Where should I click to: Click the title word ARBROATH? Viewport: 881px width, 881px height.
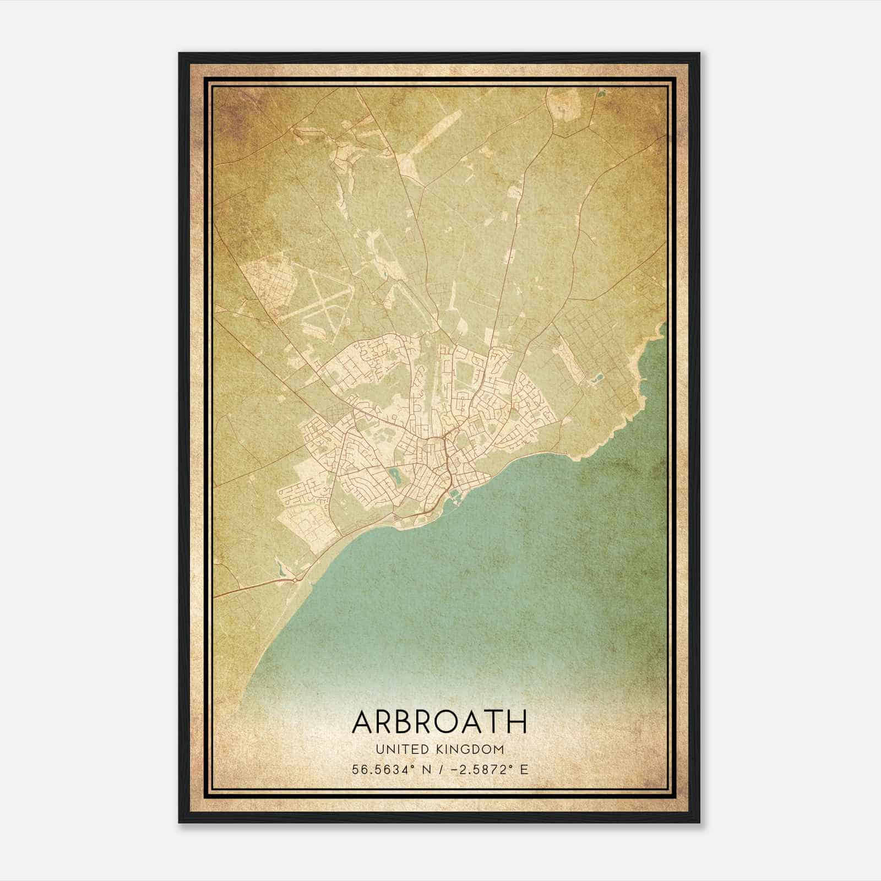point(439,722)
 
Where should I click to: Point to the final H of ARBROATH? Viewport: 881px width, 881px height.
point(518,722)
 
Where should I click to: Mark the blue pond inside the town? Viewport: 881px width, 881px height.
point(394,474)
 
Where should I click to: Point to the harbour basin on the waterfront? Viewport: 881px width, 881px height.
point(455,498)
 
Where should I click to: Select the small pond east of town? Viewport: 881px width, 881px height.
point(596,379)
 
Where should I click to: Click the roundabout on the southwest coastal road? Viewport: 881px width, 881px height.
point(296,580)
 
